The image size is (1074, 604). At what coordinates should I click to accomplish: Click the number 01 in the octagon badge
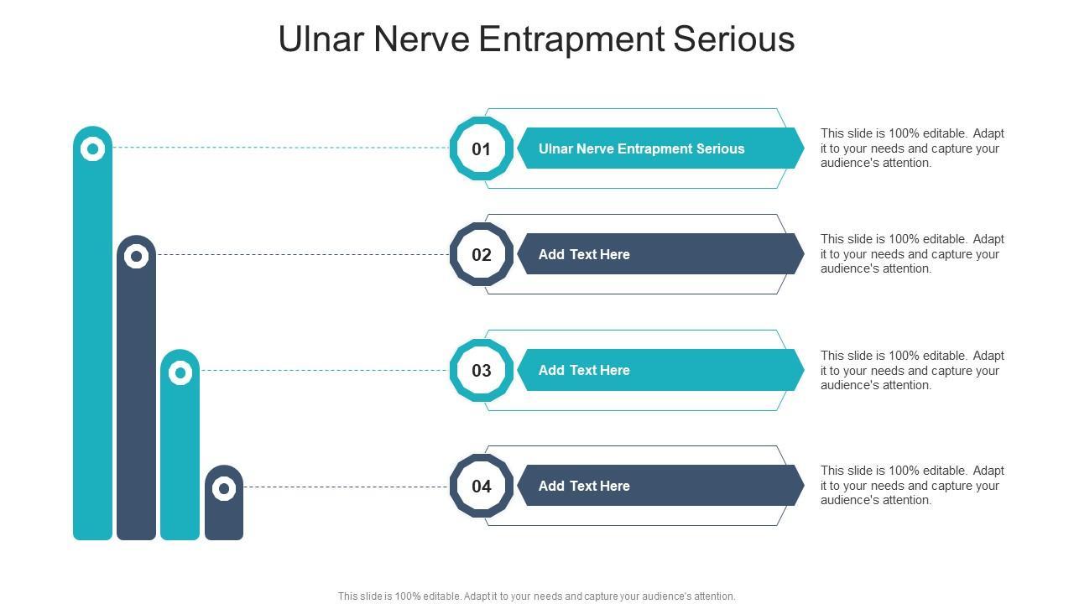point(481,149)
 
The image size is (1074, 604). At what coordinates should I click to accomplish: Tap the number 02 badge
point(481,255)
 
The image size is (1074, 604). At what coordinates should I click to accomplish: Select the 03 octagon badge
point(481,371)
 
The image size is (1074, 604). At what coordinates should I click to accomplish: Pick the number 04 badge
point(481,487)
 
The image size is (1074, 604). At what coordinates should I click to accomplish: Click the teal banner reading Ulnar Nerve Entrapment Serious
point(659,148)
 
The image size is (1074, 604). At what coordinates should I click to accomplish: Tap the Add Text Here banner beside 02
point(659,254)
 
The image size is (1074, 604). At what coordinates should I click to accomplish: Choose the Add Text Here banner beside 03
point(659,370)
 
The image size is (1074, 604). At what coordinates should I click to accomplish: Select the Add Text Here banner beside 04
point(659,486)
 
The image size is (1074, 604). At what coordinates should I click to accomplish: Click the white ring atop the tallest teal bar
point(92,149)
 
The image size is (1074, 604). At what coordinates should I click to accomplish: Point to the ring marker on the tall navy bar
point(136,256)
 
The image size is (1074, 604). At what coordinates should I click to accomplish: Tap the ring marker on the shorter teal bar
point(180,372)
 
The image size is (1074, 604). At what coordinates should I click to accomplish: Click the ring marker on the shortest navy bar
point(224,487)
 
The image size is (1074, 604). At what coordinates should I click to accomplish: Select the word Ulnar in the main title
point(321,39)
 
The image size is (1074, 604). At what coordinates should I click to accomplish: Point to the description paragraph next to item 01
point(912,148)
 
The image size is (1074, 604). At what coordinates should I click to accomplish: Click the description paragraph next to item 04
point(912,486)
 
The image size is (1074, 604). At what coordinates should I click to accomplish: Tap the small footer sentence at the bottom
point(537,596)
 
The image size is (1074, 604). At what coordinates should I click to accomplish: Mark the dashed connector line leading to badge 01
point(281,148)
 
